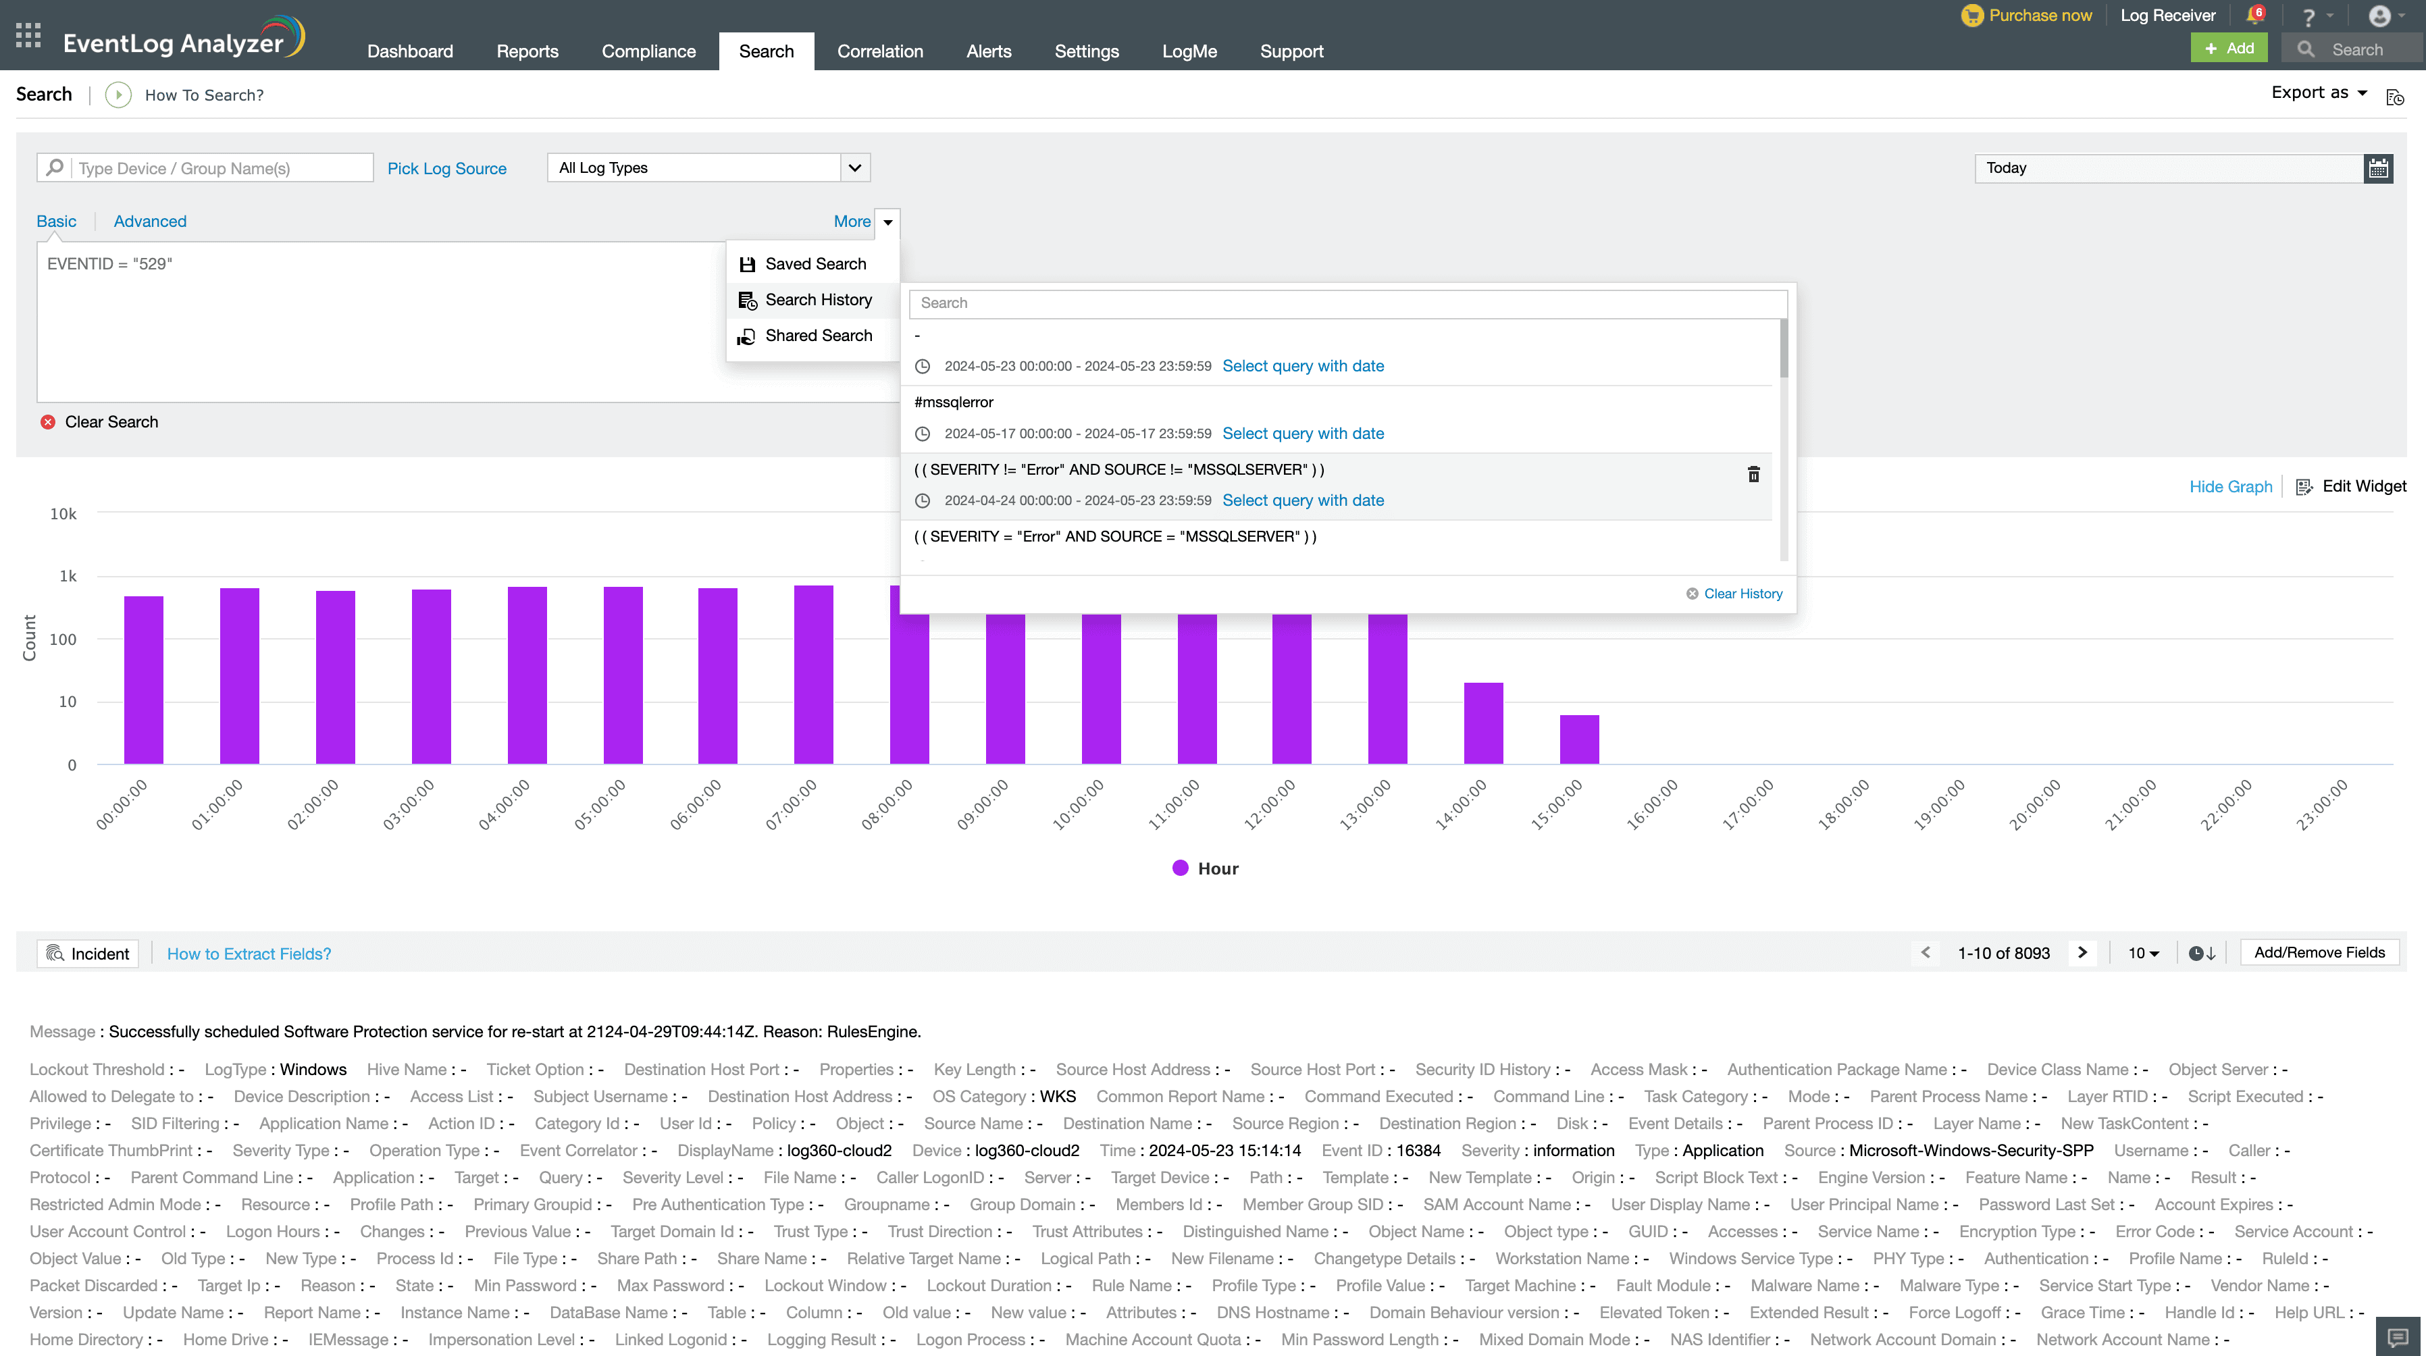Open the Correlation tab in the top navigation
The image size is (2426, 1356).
pyautogui.click(x=879, y=51)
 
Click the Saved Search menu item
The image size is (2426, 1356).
pyautogui.click(x=815, y=263)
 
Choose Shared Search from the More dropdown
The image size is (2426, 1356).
pyautogui.click(x=817, y=335)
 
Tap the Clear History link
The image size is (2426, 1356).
pyautogui.click(x=1743, y=593)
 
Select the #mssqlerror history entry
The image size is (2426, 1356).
pyautogui.click(x=953, y=402)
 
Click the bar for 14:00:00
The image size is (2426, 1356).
pyautogui.click(x=1483, y=723)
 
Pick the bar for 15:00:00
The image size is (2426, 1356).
pyautogui.click(x=1579, y=739)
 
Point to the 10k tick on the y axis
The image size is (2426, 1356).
pyautogui.click(x=63, y=514)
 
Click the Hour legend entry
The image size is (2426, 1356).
pyautogui.click(x=1206, y=868)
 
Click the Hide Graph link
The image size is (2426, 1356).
pyautogui.click(x=2230, y=487)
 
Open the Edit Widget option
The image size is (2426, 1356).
pyautogui.click(x=2352, y=487)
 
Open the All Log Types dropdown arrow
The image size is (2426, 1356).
pyautogui.click(x=854, y=167)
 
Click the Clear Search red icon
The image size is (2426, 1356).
pyautogui.click(x=48, y=422)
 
